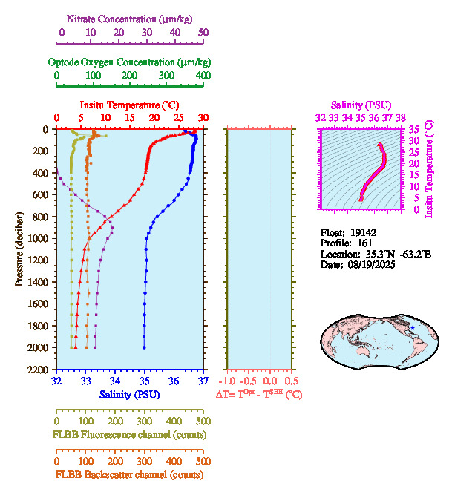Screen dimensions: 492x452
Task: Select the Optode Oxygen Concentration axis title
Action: click(x=130, y=62)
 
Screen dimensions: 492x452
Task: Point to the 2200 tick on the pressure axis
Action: click(x=39, y=369)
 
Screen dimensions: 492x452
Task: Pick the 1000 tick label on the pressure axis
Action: click(x=39, y=238)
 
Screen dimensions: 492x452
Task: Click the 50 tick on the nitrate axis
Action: click(x=203, y=32)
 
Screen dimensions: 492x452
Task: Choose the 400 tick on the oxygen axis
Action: click(x=202, y=76)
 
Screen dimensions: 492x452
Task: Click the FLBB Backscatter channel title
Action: click(x=129, y=475)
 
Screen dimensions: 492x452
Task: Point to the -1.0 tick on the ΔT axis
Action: click(x=228, y=381)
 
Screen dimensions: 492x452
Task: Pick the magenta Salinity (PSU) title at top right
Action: click(x=361, y=105)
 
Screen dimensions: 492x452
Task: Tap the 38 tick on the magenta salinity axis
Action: click(x=401, y=117)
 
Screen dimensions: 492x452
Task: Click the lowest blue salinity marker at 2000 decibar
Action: click(x=144, y=347)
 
